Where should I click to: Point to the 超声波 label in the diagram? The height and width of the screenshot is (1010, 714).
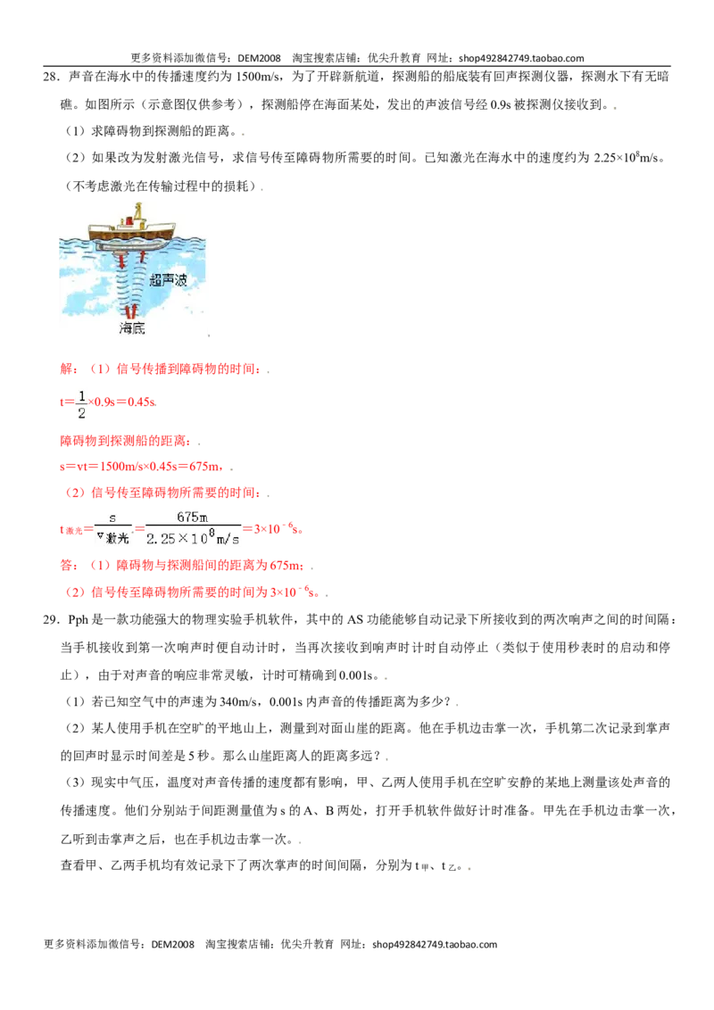coord(168,279)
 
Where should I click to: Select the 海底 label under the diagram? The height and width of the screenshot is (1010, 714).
coord(132,327)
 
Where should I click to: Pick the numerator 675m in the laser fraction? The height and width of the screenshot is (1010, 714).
coord(192,517)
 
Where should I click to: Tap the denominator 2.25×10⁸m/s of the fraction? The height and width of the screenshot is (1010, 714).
coord(193,538)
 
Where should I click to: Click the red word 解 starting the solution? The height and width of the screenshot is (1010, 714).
coord(66,369)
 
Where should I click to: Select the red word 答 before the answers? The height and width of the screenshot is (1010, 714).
coord(66,566)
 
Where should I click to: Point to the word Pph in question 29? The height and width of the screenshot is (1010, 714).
coord(78,620)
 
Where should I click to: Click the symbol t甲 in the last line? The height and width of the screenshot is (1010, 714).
coord(421,866)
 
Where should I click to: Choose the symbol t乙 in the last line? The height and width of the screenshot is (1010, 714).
coord(449,866)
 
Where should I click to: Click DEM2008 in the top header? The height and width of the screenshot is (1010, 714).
coord(259,58)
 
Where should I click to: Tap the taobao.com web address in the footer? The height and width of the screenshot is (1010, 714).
coord(435,944)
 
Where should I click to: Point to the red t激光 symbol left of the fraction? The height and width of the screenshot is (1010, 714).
coord(71,530)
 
